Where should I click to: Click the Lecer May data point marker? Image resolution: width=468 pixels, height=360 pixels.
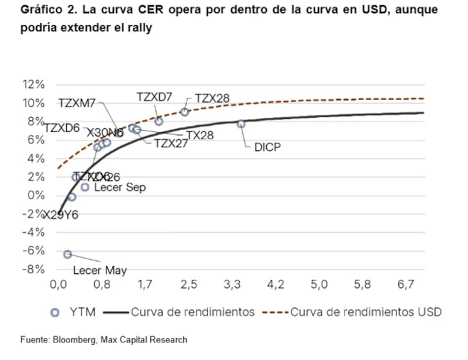coord(68,254)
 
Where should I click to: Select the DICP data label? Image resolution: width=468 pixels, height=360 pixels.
coord(267,148)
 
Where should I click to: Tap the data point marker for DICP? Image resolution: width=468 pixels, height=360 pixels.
coord(241,124)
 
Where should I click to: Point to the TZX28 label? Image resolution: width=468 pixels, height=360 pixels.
coord(212,98)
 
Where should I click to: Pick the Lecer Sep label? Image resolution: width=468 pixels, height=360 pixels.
coord(119,187)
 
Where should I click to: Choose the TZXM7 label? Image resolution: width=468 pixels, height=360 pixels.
coord(77,103)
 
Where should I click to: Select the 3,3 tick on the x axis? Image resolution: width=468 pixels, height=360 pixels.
coord(232,285)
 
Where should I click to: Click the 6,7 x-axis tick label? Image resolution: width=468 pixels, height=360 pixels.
coord(405,285)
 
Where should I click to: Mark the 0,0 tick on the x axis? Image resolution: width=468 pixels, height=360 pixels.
coord(58,285)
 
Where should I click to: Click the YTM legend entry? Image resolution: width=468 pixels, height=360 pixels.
coord(73,312)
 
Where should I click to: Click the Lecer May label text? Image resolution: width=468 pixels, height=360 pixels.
coord(99,270)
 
